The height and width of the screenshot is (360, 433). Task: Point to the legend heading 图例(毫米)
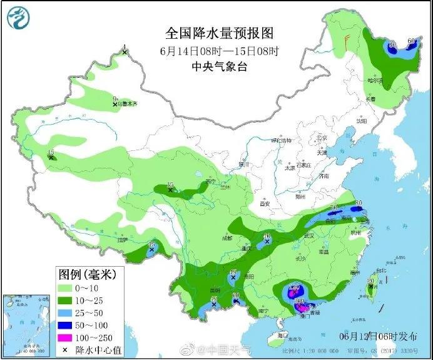pos(82,274)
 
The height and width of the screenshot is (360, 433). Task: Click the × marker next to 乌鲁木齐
pos(115,104)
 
